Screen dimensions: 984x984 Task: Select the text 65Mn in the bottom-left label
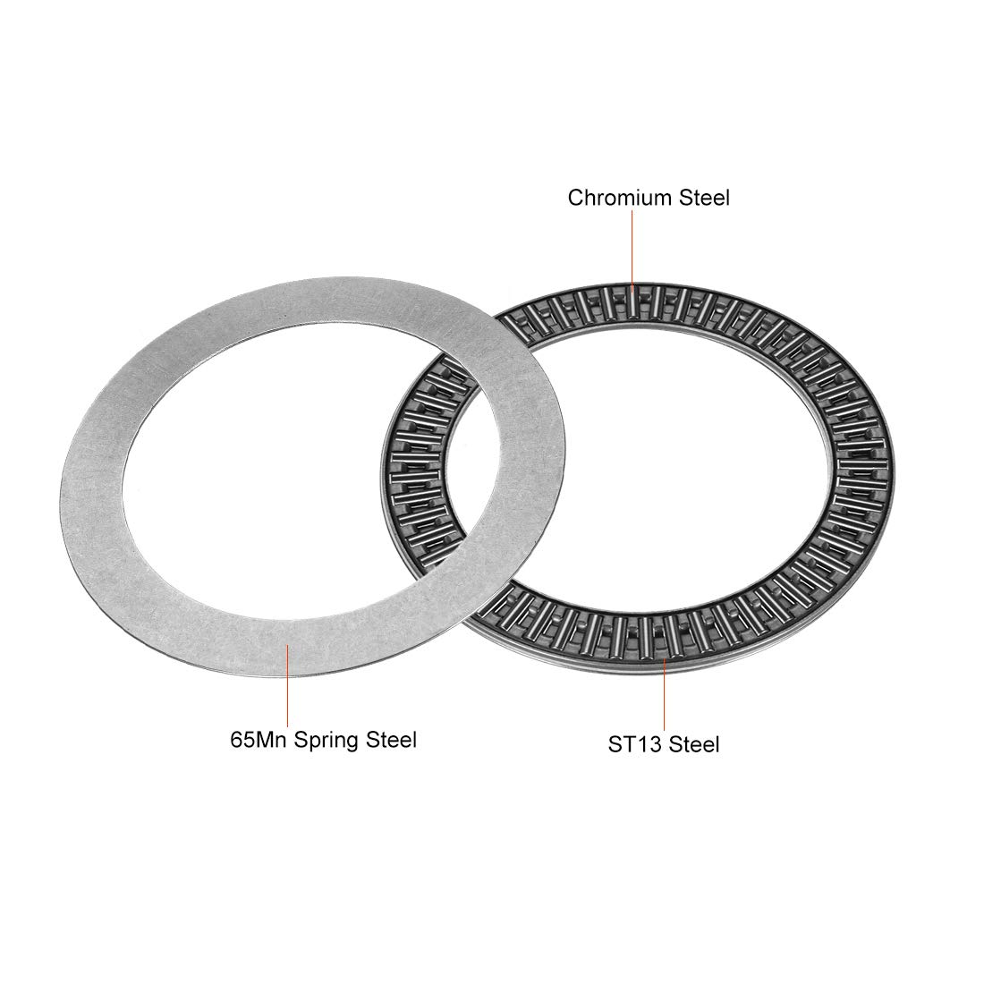[259, 739]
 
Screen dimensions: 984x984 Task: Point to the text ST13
[634, 744]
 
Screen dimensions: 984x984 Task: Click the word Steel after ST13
[694, 744]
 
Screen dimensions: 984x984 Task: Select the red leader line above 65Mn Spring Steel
[287, 685]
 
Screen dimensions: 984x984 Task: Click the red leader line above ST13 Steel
[664, 695]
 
